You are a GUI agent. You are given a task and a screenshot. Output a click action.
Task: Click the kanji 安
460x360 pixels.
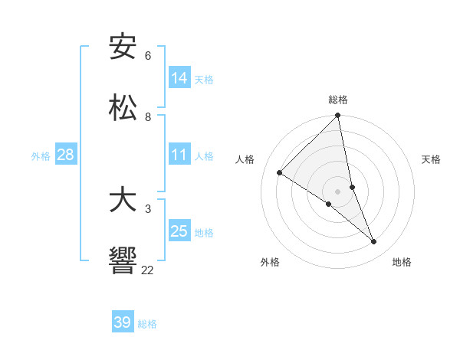coord(123,47)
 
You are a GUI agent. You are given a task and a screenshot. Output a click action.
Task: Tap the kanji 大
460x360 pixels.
coord(123,201)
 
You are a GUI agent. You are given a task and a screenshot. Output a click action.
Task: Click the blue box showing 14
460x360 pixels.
coord(179,78)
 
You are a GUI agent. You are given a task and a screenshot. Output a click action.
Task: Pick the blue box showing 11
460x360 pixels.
coord(179,155)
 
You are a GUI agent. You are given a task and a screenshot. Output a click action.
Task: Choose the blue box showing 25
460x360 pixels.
coord(179,231)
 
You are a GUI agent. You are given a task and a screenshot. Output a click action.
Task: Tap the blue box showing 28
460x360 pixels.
coord(66,155)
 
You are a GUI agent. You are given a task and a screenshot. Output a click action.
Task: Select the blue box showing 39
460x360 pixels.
coord(123,322)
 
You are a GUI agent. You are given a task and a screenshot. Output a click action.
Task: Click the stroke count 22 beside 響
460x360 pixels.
coord(148,270)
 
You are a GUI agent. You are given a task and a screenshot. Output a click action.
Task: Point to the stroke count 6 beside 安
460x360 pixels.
coord(148,55)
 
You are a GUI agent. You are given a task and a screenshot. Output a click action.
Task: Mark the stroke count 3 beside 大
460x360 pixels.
coord(148,208)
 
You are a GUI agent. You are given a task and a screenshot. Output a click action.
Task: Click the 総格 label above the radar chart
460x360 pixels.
coord(338,100)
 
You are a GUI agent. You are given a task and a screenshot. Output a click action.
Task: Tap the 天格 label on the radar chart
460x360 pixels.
coord(431,159)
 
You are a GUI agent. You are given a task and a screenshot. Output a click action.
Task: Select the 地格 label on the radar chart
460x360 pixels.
coord(402,262)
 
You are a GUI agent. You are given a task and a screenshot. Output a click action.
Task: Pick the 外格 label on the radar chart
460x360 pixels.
coord(270,262)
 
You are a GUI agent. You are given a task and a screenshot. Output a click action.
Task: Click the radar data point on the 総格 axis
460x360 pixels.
coord(338,116)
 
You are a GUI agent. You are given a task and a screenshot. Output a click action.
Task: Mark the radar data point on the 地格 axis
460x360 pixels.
coord(374,242)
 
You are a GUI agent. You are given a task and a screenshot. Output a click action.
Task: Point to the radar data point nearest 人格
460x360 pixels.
coord(280,173)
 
